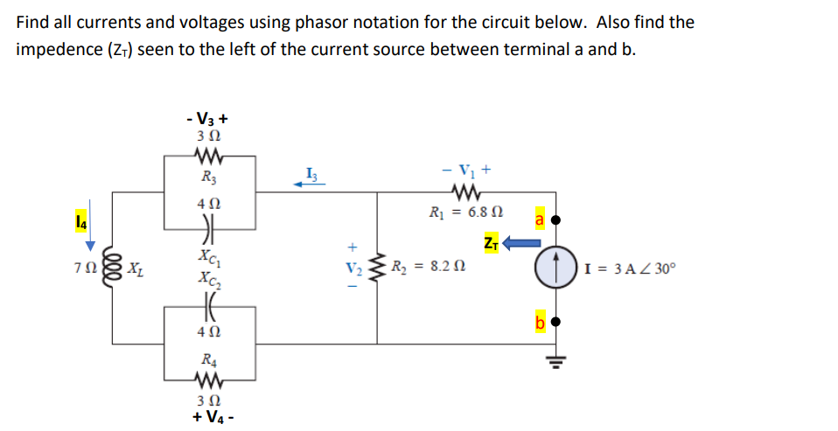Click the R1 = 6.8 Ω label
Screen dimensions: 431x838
[462, 212]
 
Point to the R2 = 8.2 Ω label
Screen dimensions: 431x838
[426, 267]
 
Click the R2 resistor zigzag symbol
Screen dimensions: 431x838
[378, 268]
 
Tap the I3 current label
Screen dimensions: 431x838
[312, 170]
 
